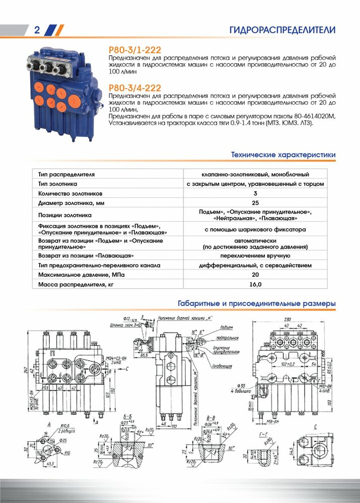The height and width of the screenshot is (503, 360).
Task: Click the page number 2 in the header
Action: pos(37,30)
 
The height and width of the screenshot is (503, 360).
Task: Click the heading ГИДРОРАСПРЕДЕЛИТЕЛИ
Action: pos(282,30)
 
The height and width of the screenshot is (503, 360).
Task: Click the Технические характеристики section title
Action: pos(283,155)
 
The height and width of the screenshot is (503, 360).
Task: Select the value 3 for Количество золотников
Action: pos(255,193)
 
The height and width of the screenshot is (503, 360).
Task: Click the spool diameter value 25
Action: pos(255,203)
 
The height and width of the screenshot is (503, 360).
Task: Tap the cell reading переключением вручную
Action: pos(255,256)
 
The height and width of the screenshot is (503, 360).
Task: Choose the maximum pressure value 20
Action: pos(255,275)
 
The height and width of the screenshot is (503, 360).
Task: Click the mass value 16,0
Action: pos(255,285)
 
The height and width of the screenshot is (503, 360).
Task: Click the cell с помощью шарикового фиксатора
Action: pos(255,229)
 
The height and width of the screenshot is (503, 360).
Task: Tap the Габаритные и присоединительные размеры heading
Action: pos(257,304)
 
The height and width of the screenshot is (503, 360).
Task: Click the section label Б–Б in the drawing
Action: pos(128,416)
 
